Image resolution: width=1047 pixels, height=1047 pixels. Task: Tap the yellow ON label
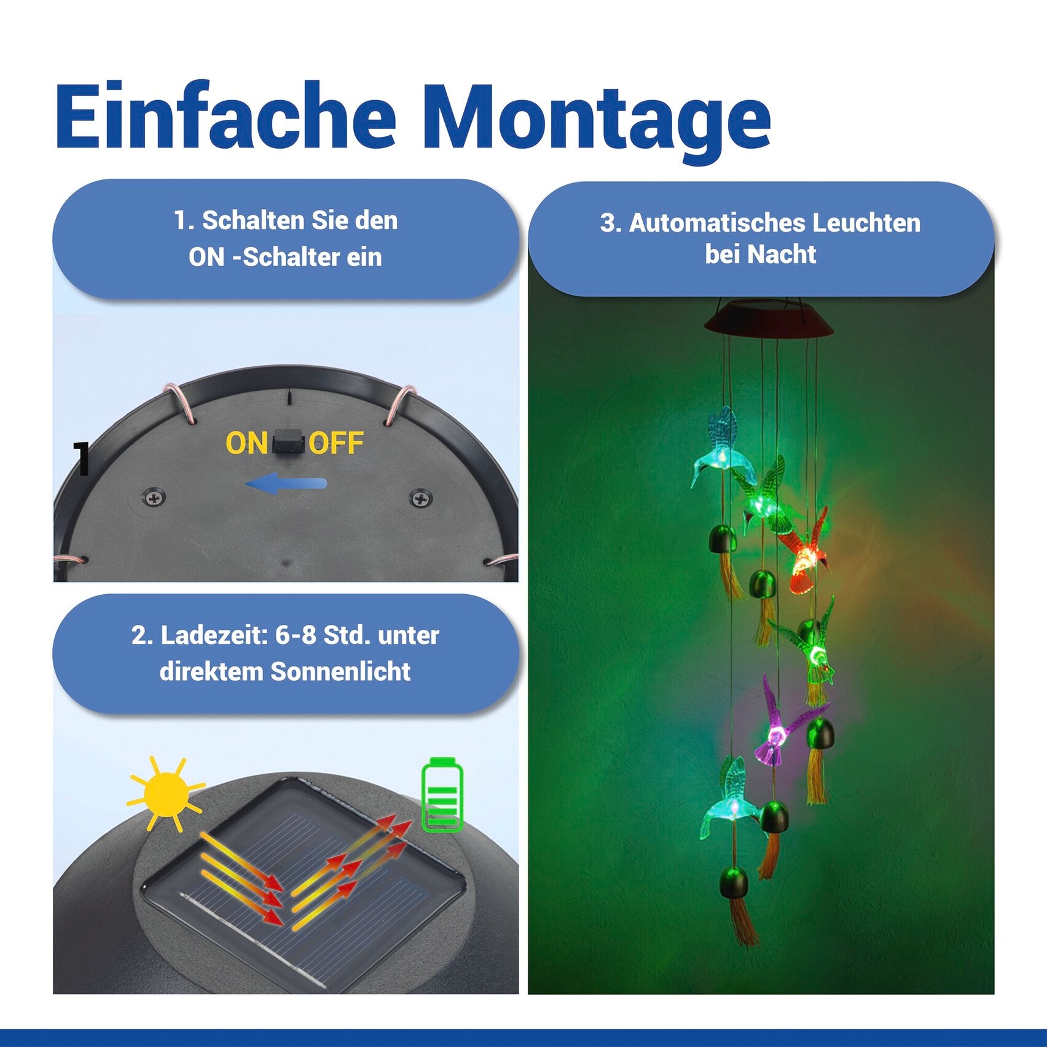246,443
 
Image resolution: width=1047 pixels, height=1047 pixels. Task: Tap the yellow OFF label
336,443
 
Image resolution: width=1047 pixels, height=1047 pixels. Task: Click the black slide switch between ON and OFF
289,442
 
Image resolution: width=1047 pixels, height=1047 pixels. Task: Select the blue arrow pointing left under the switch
286,484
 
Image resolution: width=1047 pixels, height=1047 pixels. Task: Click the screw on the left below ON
154,497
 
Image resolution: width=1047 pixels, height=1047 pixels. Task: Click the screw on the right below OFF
421,498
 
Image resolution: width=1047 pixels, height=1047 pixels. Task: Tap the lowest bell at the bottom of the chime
734,882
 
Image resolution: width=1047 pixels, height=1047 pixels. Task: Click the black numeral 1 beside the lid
82,458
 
